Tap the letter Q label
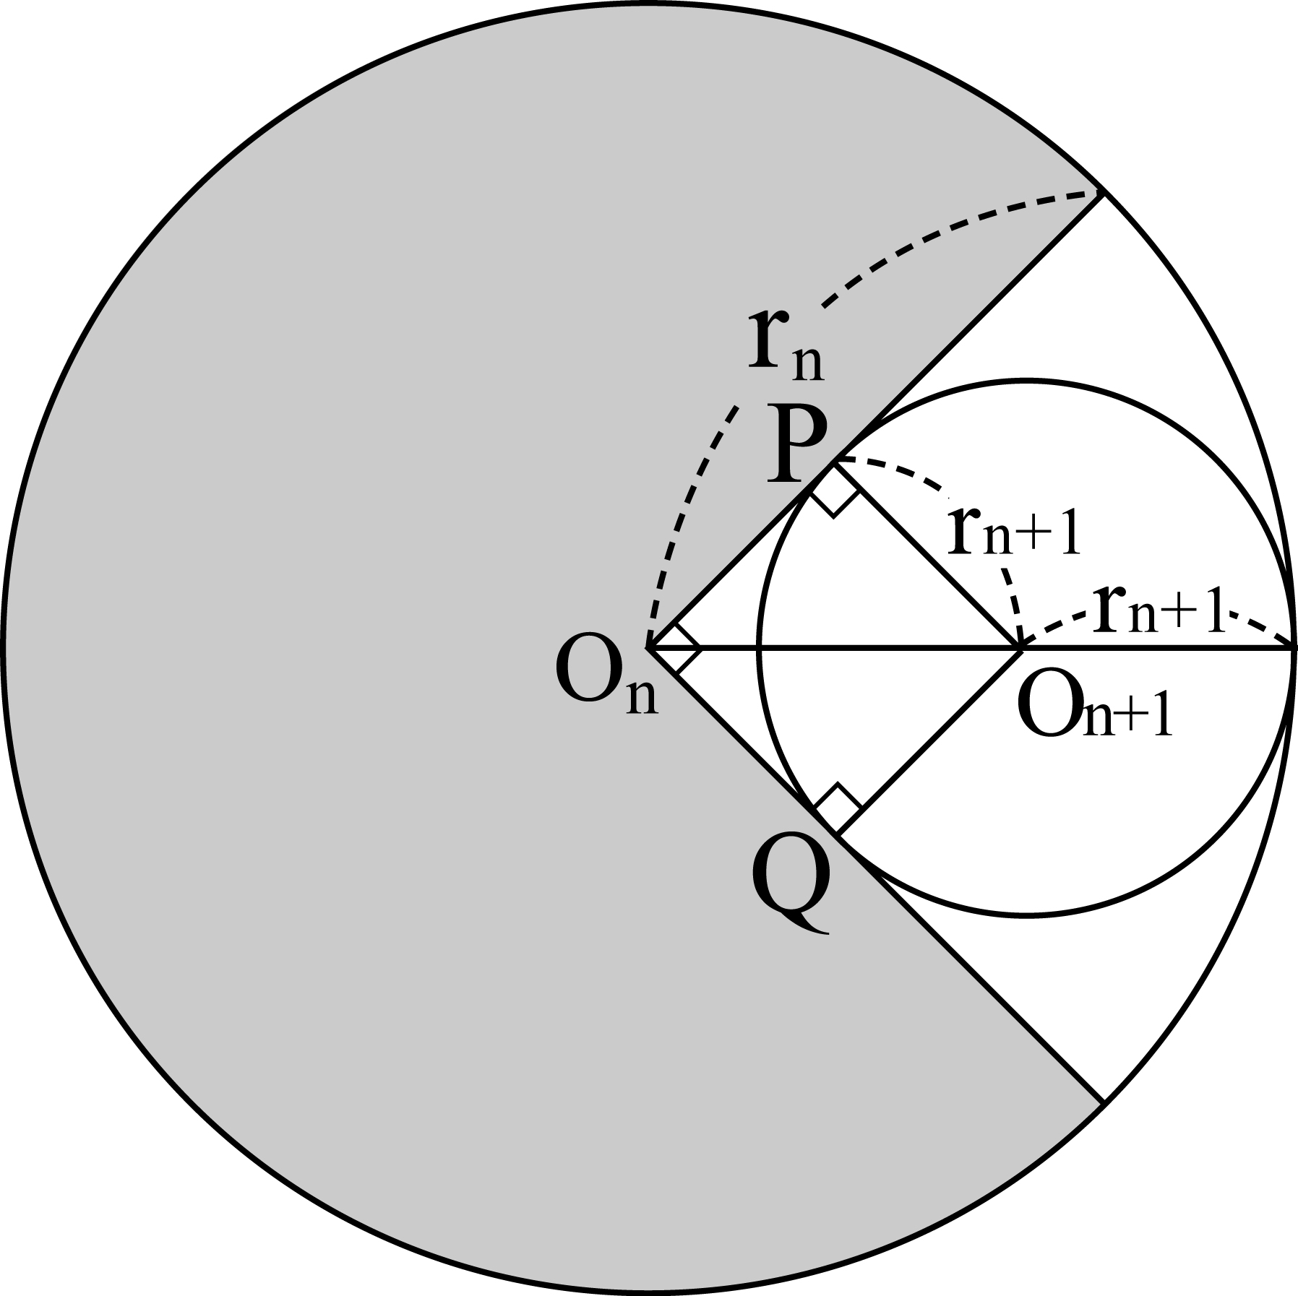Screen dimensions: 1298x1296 [790, 889]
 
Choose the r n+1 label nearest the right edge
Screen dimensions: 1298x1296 [1161, 610]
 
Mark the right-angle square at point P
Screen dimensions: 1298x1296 [835, 491]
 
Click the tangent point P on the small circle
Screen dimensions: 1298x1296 [836, 463]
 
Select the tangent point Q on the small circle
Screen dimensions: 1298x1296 [836, 835]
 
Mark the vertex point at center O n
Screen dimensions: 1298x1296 [649, 649]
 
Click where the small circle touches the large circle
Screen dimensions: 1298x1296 [1292, 649]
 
